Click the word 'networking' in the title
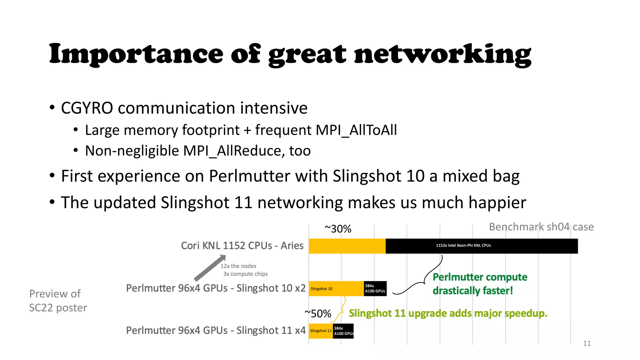click(442, 54)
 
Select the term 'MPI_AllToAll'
click(357, 130)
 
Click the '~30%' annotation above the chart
click(338, 229)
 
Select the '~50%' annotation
click(318, 313)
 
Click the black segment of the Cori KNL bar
click(481, 246)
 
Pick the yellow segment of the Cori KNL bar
click(347, 246)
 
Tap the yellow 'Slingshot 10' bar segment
click(336, 288)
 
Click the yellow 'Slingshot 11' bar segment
click(321, 331)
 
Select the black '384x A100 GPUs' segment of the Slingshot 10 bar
click(375, 288)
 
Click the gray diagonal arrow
click(209, 268)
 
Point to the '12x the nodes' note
click(238, 266)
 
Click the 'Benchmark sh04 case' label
click(541, 227)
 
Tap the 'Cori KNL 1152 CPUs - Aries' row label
click(242, 246)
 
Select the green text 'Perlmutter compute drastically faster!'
click(480, 284)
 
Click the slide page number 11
click(587, 343)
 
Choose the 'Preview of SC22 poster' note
click(58, 301)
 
